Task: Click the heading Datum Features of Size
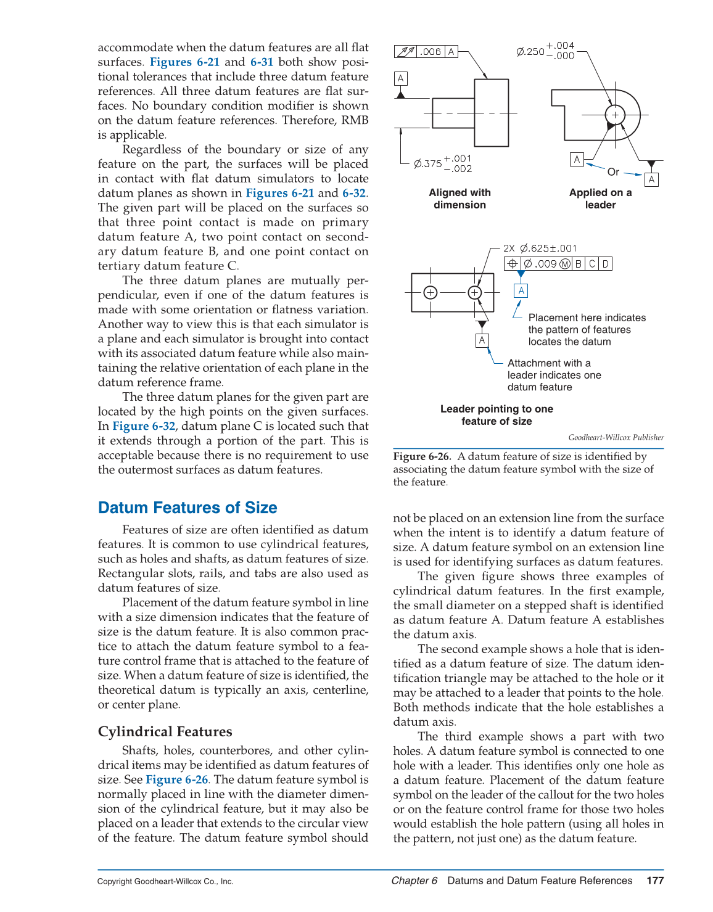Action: pos(188,507)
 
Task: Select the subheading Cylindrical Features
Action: pos(165,731)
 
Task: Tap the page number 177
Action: pos(655,881)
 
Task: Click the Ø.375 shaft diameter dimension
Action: pos(442,163)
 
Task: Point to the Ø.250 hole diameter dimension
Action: pos(545,51)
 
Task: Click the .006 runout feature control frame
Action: pos(426,52)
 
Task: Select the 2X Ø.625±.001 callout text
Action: pos(540,248)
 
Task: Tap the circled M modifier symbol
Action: pos(565,264)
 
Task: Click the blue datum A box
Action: pos(521,290)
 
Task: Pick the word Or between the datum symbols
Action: pos(613,172)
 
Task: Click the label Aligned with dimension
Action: pos(460,199)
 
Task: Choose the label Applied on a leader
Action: pos(600,199)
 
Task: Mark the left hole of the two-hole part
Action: pos(431,292)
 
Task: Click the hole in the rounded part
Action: pos(615,115)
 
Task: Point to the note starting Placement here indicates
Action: pos(587,329)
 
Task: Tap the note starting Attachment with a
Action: pos(554,375)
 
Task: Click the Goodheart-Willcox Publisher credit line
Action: pos(616,437)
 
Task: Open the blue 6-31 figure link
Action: pos(262,62)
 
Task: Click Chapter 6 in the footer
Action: pos(414,881)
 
